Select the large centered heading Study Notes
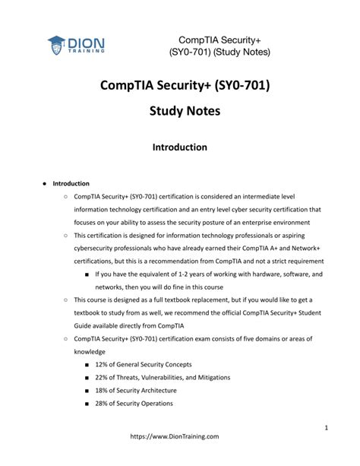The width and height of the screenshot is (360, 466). pyautogui.click(x=180, y=111)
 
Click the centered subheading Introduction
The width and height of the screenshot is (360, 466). pyautogui.click(x=180, y=147)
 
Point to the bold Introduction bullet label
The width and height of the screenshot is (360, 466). pyautogui.click(x=71, y=183)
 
